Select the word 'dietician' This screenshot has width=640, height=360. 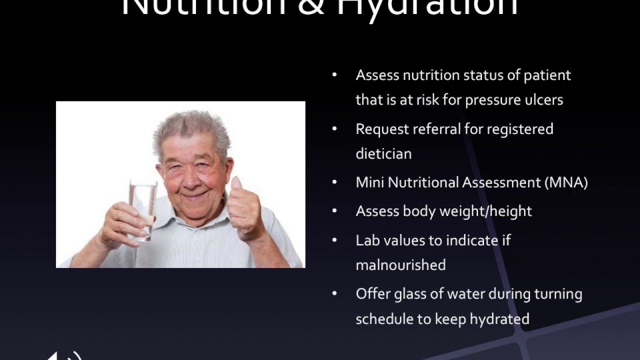383,153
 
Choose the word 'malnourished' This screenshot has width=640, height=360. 400,265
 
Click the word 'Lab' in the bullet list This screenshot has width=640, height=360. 366,240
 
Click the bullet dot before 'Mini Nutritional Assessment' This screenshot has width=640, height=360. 334,182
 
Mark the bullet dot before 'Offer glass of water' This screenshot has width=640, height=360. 334,294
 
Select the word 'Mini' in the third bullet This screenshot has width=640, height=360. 369,182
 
